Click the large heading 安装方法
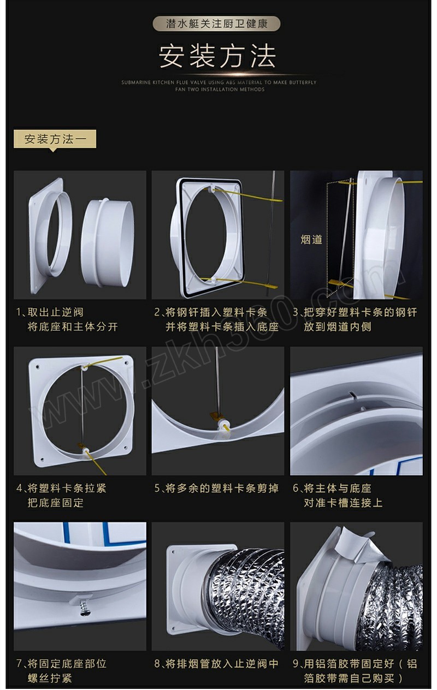[x=217, y=56]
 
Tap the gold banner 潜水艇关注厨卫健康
[x=216, y=23]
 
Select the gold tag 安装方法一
[x=55, y=139]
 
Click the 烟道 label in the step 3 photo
[x=311, y=239]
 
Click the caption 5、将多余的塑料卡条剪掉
[x=216, y=488]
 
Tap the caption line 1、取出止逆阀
[x=50, y=312]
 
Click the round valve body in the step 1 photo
[x=107, y=243]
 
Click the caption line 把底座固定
[x=56, y=503]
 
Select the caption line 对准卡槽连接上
[x=343, y=503]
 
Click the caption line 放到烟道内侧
[x=338, y=326]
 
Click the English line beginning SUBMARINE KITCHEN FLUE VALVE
[x=219, y=82]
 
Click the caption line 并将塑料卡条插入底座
[x=222, y=326]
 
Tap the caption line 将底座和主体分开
[x=73, y=326]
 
